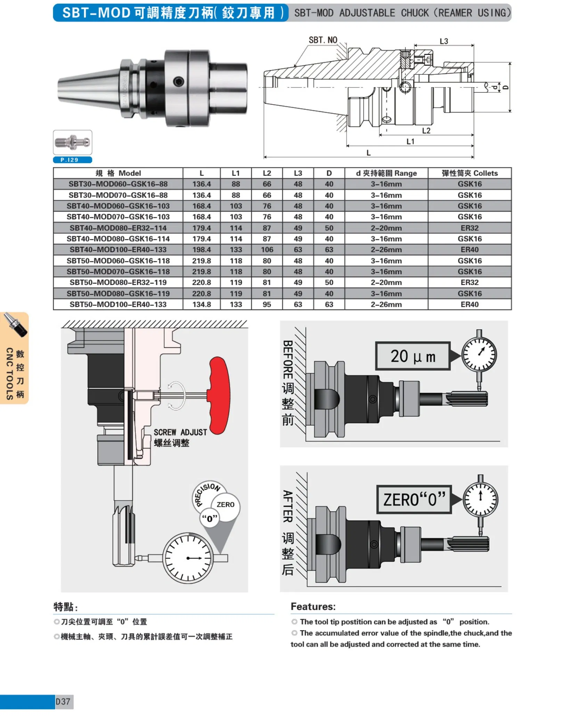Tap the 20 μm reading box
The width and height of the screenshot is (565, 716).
coord(412,356)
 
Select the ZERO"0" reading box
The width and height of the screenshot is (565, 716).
coord(414,499)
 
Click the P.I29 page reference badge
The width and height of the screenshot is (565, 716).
coord(72,160)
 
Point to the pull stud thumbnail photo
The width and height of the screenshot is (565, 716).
coord(72,143)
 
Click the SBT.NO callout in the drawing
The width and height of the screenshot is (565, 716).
coord(323,40)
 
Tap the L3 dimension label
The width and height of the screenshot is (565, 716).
coord(444,41)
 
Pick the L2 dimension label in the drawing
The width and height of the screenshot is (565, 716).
coord(426,131)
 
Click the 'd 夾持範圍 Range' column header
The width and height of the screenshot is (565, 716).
coord(386,173)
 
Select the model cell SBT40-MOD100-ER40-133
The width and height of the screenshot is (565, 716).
coord(118,250)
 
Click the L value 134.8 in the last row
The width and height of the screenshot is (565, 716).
coord(202,304)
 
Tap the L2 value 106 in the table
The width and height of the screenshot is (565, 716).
coord(267,250)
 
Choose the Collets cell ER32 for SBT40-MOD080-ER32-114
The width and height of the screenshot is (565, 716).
coord(469,228)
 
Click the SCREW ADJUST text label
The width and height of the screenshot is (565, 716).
coord(180,432)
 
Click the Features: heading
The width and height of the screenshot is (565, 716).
coord(313,607)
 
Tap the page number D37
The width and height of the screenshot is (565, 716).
coord(63,701)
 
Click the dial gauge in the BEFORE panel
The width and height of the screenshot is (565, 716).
coord(479,355)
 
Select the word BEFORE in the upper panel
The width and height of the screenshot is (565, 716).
coord(287,359)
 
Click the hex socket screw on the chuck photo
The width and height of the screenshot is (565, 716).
coord(179,82)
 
